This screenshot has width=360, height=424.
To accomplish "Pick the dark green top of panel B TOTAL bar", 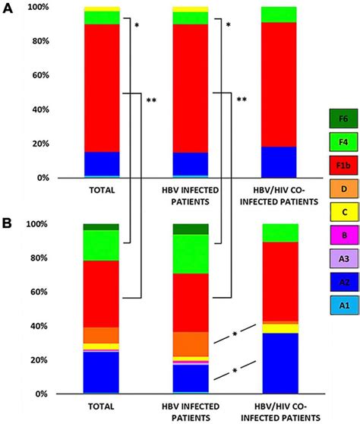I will click(x=101, y=226).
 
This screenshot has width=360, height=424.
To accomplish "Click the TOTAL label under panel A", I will click(x=101, y=190).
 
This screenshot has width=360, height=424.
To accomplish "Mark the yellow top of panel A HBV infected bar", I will click(x=191, y=9).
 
